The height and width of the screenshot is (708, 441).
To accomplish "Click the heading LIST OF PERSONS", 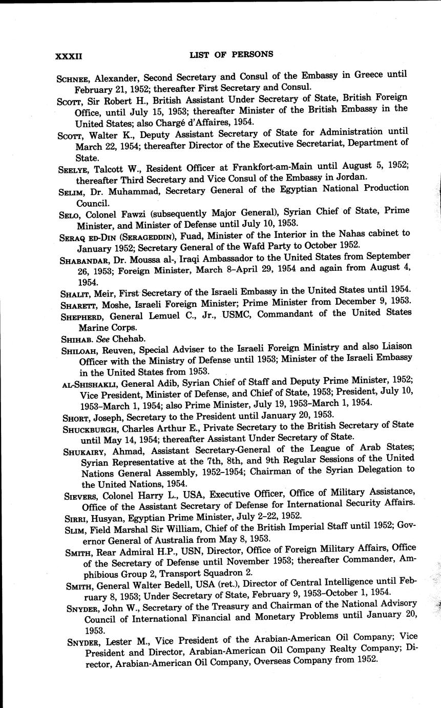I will click(x=231, y=54).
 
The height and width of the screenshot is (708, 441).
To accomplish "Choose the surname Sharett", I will click(x=73, y=303).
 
